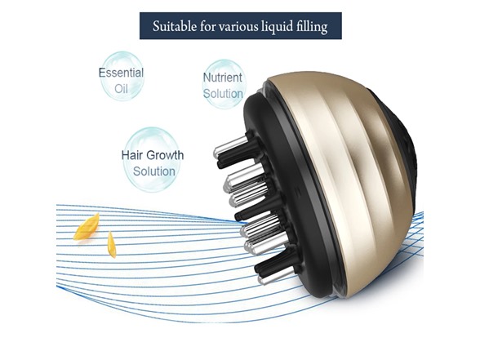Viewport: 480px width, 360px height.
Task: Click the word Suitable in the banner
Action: click(175, 26)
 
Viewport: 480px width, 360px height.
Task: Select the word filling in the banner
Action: click(312, 27)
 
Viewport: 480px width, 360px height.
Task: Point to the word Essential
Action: click(121, 73)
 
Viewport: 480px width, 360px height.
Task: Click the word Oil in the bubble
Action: click(121, 89)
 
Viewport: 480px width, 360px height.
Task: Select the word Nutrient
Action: click(223, 78)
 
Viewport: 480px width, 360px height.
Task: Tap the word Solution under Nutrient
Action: click(223, 93)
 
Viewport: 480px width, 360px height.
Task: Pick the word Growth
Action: click(164, 155)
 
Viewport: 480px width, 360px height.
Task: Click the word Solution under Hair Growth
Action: click(154, 171)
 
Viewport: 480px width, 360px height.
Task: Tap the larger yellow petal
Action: click(87, 227)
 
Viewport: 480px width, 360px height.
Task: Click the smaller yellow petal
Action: click(112, 244)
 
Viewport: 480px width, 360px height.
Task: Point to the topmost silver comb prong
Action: click(230, 146)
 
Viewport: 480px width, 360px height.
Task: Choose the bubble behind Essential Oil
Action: click(122, 77)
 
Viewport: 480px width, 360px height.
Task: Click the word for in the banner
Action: click(207, 27)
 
